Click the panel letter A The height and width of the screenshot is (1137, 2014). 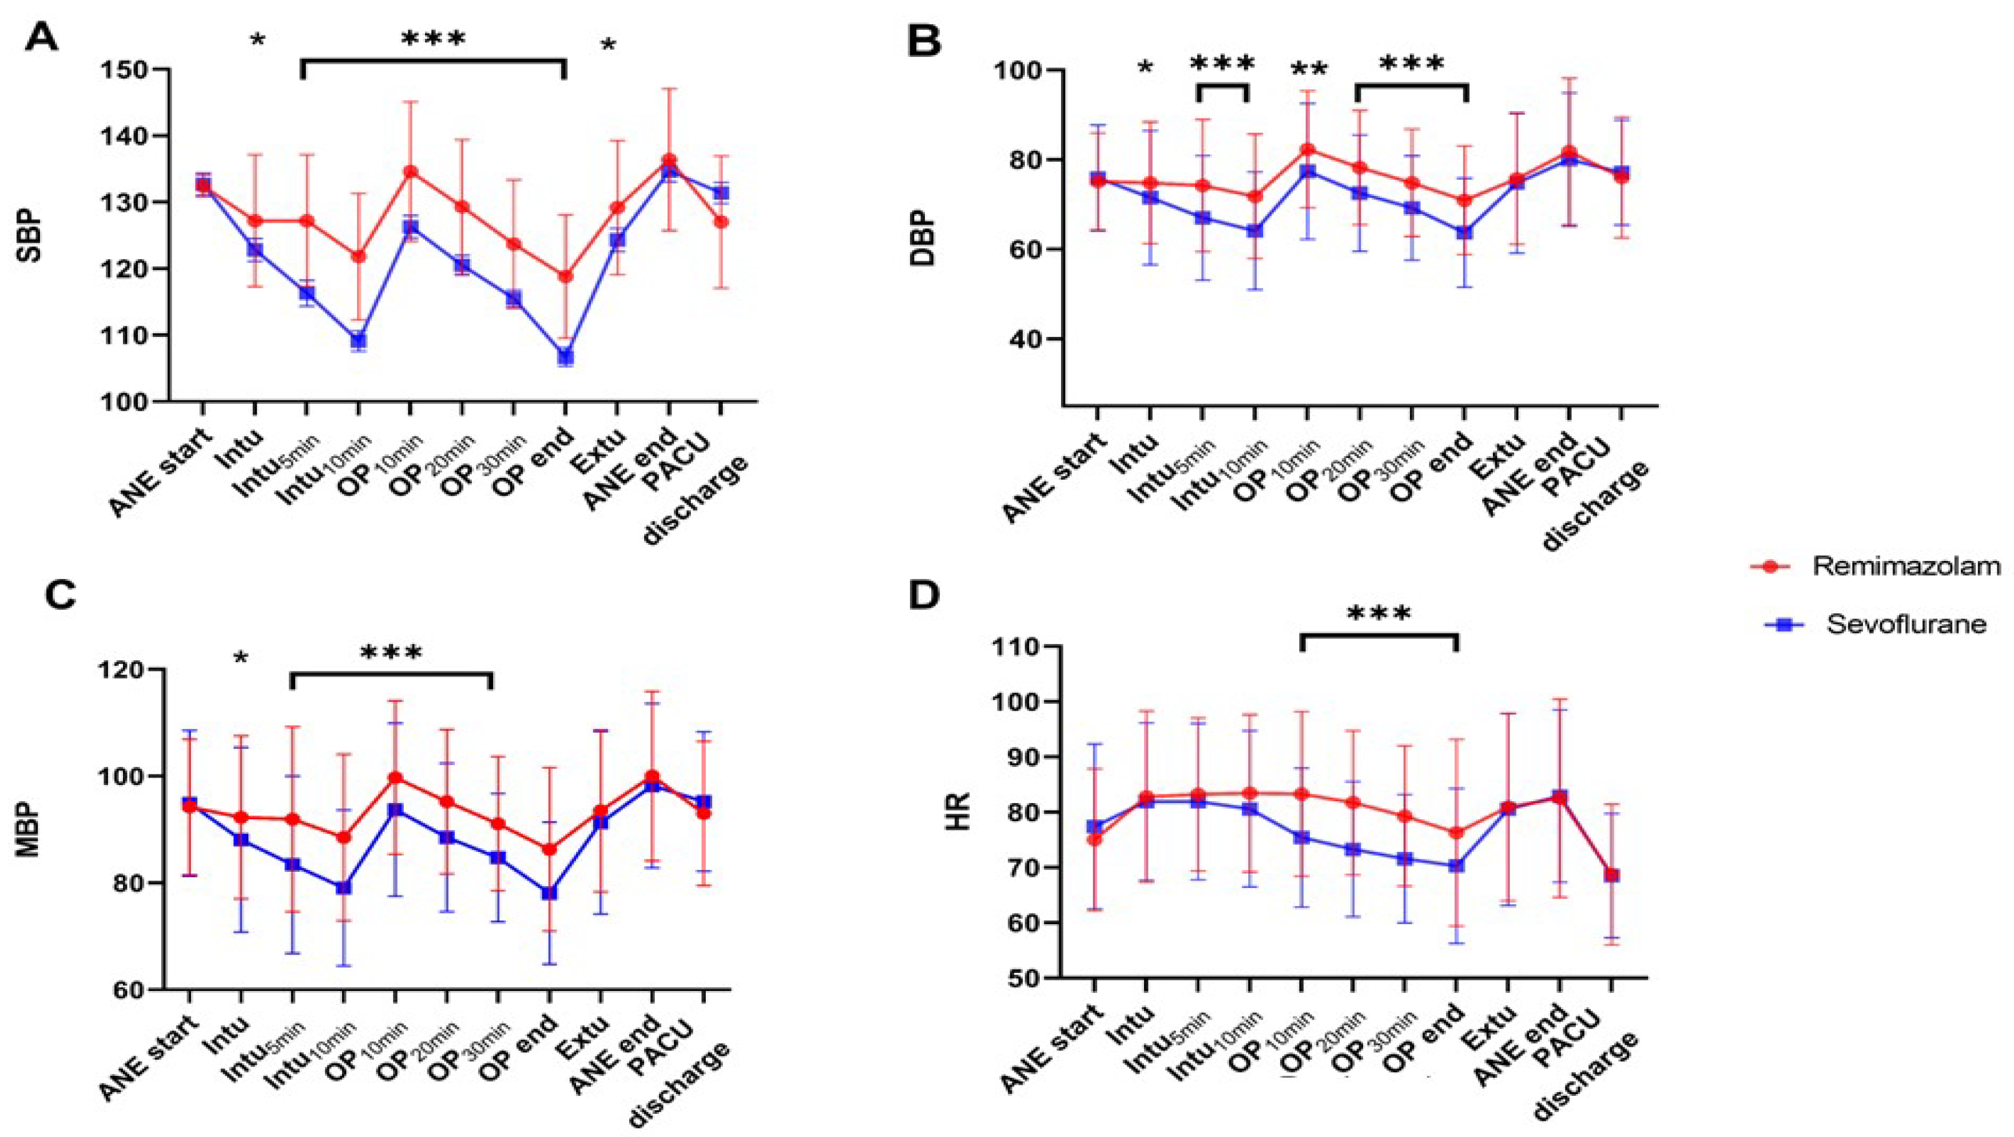41,37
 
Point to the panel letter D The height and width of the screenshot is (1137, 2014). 925,595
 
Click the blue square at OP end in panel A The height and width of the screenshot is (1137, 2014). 565,356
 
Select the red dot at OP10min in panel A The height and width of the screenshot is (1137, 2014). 411,172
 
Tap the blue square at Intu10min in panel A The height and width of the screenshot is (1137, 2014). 359,340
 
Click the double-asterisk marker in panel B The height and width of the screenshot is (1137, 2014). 1308,71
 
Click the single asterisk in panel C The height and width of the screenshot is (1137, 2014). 241,659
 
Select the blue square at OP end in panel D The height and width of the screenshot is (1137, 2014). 1457,866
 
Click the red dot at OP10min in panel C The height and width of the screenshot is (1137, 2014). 396,778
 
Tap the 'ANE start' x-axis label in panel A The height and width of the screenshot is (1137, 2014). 161,473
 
